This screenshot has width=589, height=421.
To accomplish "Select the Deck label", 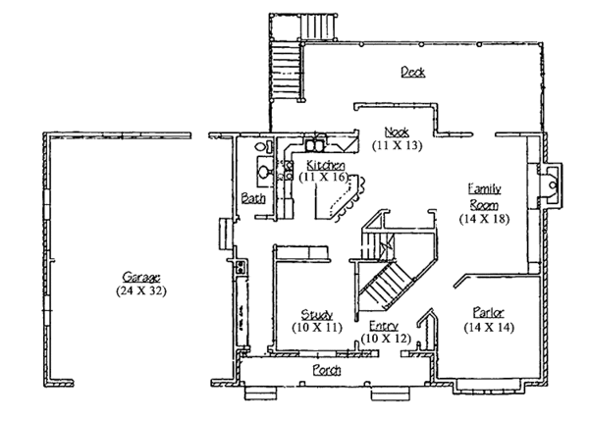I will (x=412, y=72).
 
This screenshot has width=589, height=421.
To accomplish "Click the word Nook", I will (x=396, y=132).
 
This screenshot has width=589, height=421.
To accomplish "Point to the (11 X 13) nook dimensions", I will (x=396, y=144).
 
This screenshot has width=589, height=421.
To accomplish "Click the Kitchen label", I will (x=325, y=164).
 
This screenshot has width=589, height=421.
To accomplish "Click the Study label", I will (x=316, y=314).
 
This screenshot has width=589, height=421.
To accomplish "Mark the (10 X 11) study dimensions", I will (x=316, y=327).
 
